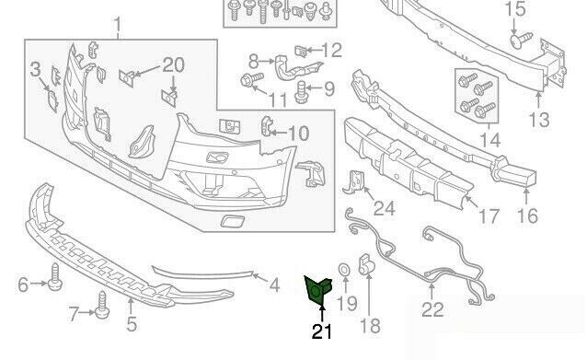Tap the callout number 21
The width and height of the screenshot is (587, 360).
[322, 331]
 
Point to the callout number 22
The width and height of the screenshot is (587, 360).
[432, 310]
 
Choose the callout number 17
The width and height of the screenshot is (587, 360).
[489, 216]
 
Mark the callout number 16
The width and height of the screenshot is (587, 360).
[527, 216]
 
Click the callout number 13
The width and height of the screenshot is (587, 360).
[538, 120]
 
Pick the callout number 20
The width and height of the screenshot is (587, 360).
[174, 64]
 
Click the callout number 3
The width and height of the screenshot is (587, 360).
[35, 68]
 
